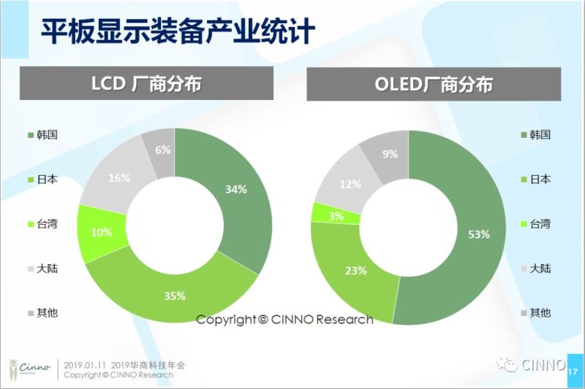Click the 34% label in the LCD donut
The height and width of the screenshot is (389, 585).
(235, 189)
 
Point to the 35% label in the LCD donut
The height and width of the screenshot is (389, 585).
(174, 296)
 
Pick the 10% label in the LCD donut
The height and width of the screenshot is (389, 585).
(102, 232)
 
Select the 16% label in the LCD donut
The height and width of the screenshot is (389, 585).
(118, 177)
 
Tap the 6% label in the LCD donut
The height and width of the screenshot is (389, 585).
(162, 150)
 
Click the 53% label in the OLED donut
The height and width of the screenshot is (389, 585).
(478, 234)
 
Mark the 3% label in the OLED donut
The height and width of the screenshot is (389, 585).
(336, 215)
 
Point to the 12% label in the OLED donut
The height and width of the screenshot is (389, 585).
(350, 184)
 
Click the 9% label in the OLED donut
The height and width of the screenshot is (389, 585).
(390, 154)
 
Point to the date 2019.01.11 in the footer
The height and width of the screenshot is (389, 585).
(85, 363)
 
